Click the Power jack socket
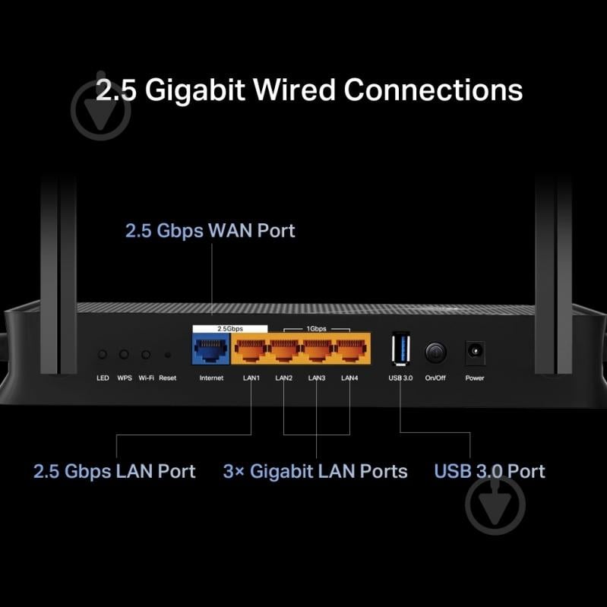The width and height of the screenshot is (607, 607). click(x=474, y=353)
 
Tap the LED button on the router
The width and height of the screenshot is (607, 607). click(x=103, y=354)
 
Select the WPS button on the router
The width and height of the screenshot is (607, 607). click(x=124, y=354)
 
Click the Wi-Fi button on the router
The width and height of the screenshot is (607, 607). click(x=146, y=354)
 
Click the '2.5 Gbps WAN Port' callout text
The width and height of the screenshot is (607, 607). click(x=210, y=231)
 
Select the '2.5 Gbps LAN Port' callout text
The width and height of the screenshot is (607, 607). click(x=114, y=471)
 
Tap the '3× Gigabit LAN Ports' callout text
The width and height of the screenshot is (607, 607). click(x=315, y=471)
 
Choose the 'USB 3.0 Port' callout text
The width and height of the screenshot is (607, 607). click(x=489, y=471)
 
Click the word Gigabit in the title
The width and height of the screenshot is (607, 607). click(x=194, y=90)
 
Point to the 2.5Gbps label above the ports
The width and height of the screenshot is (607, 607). click(x=229, y=329)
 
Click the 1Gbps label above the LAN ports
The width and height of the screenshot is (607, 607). click(x=318, y=329)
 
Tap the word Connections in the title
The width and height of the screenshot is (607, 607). click(x=433, y=90)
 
